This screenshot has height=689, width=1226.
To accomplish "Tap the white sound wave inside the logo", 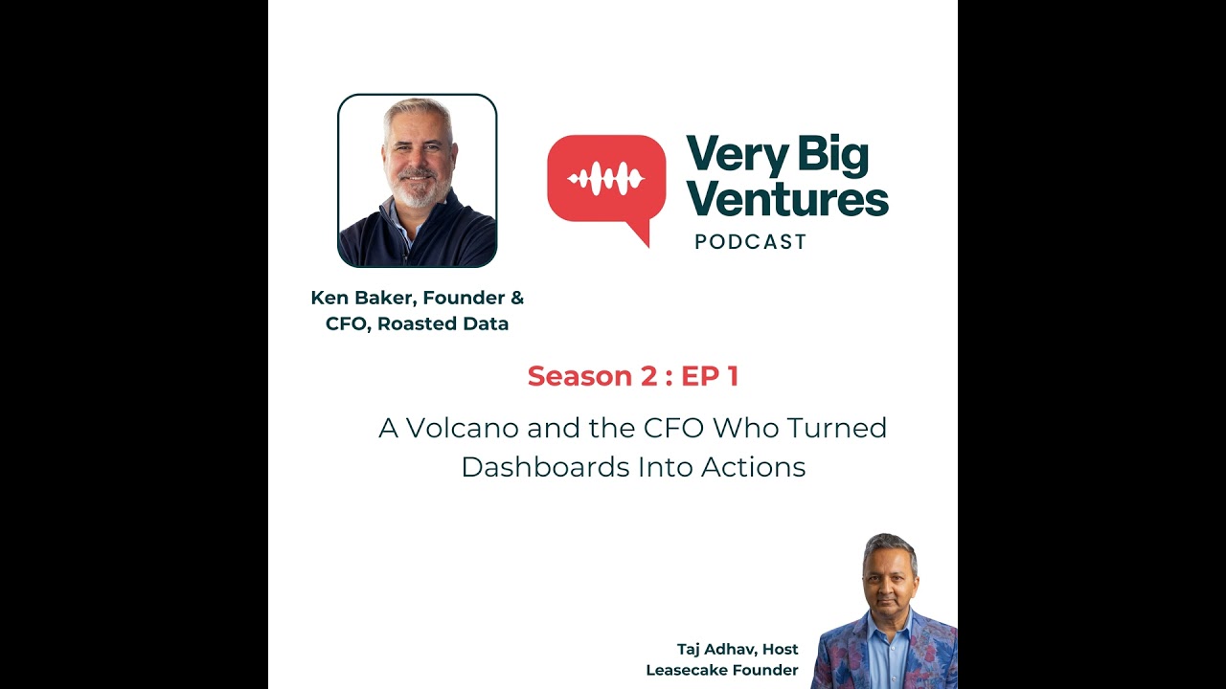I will click(605, 179).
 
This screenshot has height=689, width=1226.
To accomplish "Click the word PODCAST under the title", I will click(751, 242).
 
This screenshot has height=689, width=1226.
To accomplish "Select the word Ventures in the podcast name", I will click(787, 198).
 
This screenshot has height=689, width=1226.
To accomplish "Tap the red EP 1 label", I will click(710, 376).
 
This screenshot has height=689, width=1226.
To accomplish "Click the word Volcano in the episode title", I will click(453, 428).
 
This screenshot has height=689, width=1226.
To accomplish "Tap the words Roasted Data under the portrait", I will click(443, 323).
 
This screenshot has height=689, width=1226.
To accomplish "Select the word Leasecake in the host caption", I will click(690, 670).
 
